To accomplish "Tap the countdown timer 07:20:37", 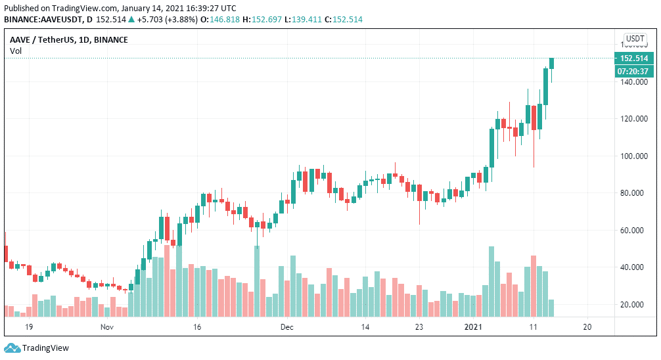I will point(633,71).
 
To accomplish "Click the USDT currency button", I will point(635,39).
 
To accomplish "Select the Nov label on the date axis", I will point(108,326).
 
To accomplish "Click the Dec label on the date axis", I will point(286,326).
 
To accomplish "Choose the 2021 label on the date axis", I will point(474,326).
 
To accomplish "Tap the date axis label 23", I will point(419,326).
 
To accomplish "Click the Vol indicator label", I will point(15,51).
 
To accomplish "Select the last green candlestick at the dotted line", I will point(552,63).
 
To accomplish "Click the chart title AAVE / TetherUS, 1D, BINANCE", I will point(69,40).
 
